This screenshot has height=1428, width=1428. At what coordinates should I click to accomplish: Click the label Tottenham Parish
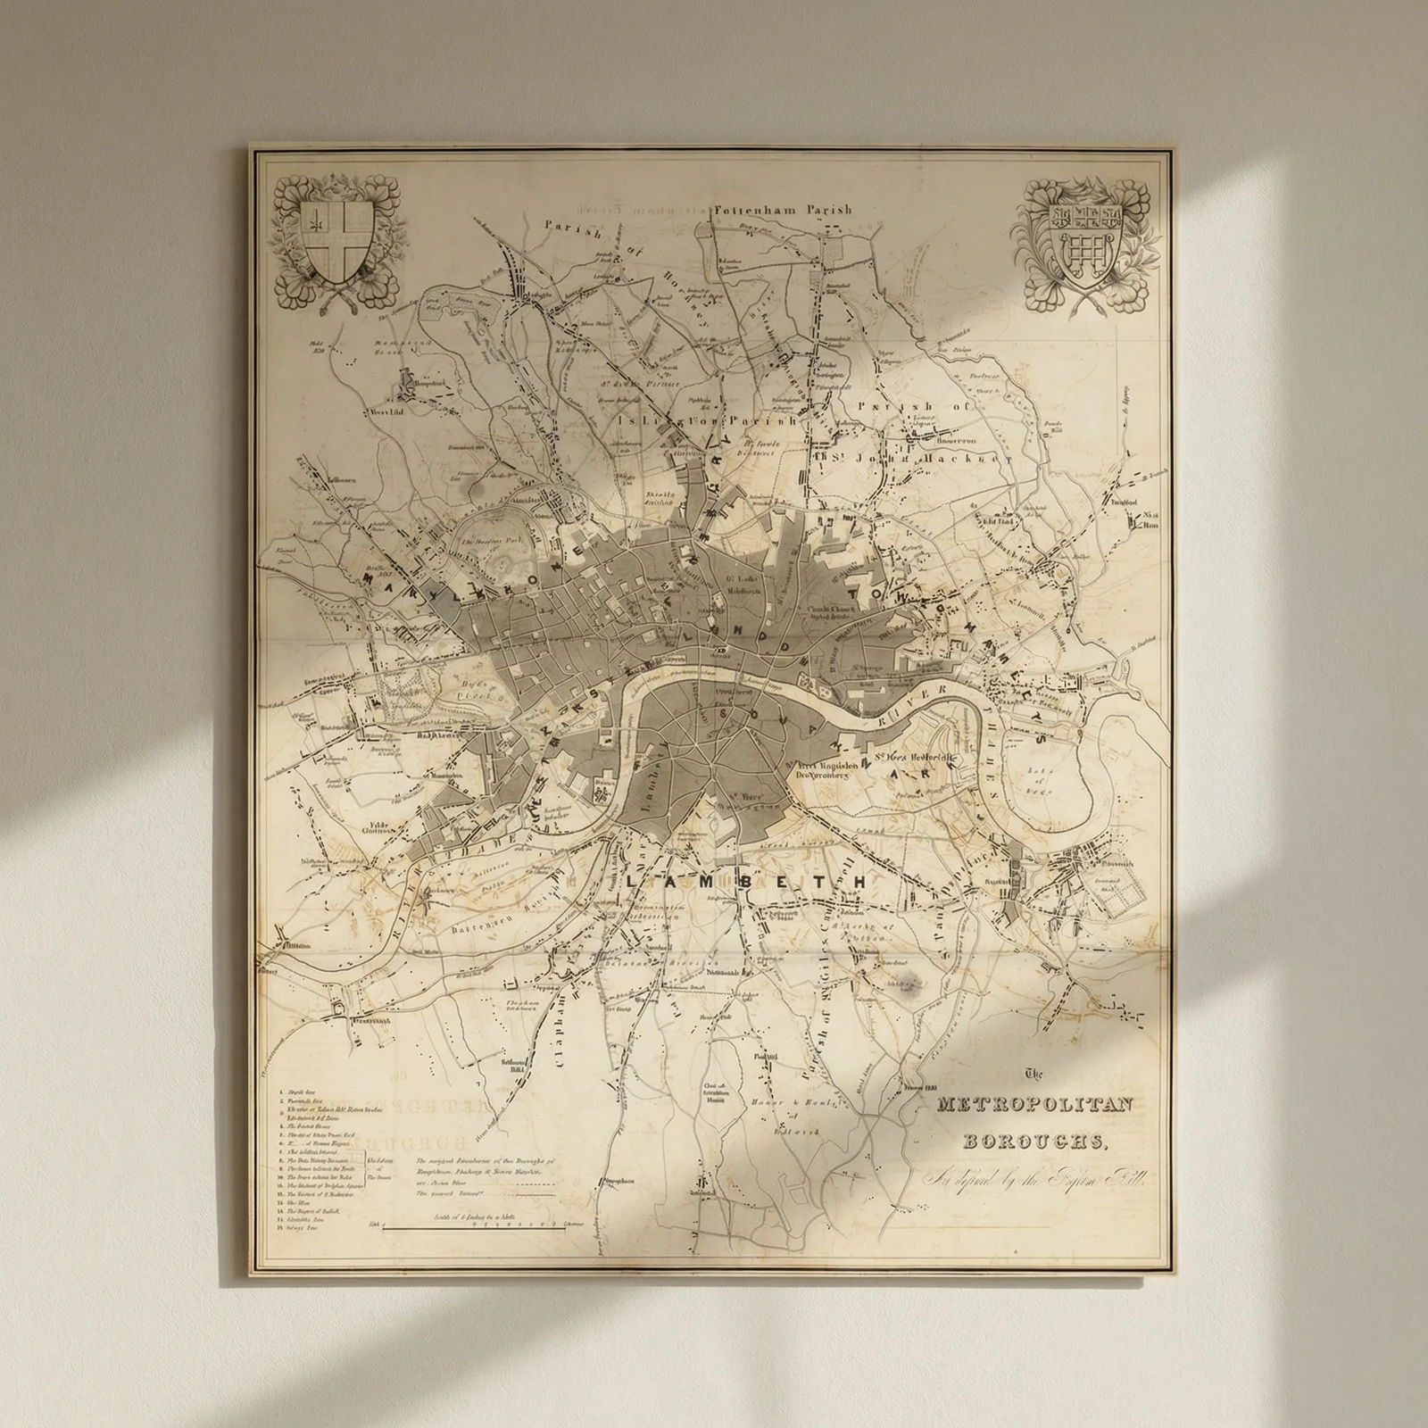(x=783, y=211)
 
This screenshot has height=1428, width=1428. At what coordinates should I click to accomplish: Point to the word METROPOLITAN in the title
(x=1035, y=1106)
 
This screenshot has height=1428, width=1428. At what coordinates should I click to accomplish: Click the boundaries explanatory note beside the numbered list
(x=482, y=1178)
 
